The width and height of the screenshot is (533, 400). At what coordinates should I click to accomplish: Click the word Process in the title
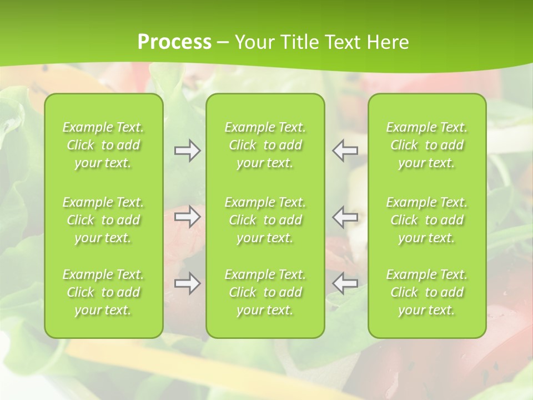174,42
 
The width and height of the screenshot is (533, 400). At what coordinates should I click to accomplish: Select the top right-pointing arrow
187,151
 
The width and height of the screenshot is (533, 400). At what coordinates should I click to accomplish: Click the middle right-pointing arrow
187,217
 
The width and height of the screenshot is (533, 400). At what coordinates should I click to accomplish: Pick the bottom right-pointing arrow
187,283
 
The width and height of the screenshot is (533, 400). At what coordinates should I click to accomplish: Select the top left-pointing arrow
345,149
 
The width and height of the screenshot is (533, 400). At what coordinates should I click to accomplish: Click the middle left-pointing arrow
345,217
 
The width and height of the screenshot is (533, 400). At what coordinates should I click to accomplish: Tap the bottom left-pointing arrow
345,283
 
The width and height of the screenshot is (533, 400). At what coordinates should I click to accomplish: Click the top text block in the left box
103,145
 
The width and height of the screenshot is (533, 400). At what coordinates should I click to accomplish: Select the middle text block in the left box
103,220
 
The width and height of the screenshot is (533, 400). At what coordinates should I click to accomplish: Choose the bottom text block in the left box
103,292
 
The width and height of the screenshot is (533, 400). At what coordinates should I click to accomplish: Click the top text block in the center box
265,145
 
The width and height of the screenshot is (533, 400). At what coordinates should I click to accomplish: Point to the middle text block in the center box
265,220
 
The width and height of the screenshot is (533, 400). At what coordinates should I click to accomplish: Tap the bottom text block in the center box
265,292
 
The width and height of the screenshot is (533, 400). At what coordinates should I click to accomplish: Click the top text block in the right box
427,145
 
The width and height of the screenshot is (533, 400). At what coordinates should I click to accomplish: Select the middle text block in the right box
427,220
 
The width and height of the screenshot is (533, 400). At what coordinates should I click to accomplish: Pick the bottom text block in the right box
427,292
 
